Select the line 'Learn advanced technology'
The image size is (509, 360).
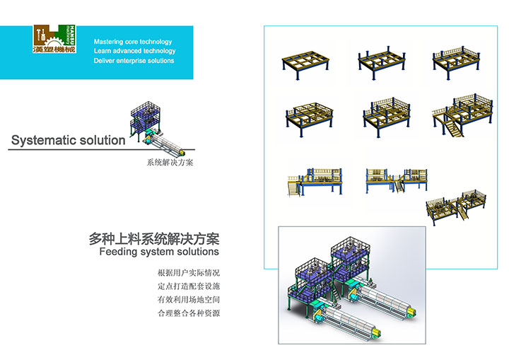pyautogui.click(x=134, y=51)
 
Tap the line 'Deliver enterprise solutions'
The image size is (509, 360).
pyautogui.click(x=134, y=61)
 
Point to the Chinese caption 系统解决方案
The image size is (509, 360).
pyautogui.click(x=170, y=162)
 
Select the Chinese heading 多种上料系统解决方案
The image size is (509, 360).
pyautogui.click(x=154, y=239)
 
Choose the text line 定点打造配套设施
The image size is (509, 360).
pyautogui.click(x=189, y=286)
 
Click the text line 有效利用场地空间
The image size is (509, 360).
pyautogui.click(x=189, y=300)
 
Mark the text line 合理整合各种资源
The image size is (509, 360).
pyautogui.click(x=189, y=313)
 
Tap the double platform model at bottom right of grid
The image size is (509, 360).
pyautogui.click(x=458, y=204)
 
